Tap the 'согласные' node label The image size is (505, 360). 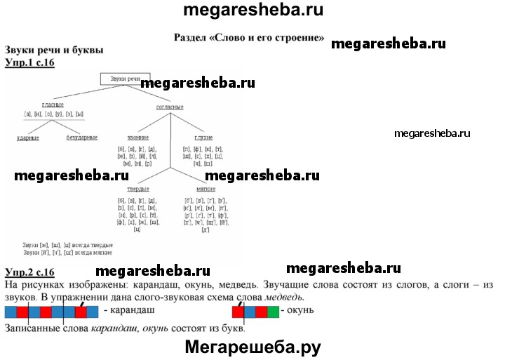[x=169, y=107]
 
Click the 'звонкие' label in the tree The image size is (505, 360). [x=138, y=138]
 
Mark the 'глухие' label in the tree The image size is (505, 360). [x=203, y=138]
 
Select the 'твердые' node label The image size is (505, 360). [x=137, y=189]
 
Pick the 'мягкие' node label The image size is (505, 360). [x=206, y=189]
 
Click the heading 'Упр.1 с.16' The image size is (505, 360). [x=29, y=62]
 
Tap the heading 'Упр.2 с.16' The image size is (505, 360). [x=29, y=272]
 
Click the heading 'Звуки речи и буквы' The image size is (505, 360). [x=53, y=51]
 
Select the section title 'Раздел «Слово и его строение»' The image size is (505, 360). [x=248, y=35]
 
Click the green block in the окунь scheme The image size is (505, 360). [x=274, y=311]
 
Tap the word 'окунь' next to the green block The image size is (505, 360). [x=300, y=310]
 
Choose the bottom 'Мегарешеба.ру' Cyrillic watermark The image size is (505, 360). [x=252, y=347]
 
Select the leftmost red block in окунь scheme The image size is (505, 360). [x=238, y=311]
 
